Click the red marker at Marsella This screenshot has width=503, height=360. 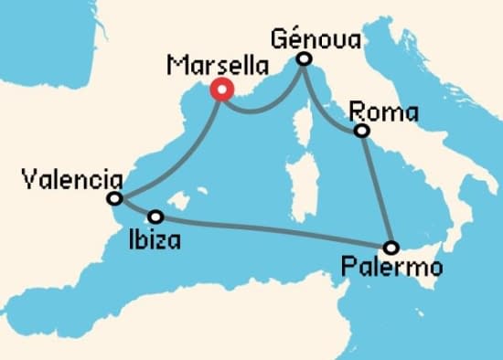click(x=220, y=90)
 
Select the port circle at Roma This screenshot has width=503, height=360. click(x=363, y=132)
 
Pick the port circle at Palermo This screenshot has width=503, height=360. click(x=391, y=247)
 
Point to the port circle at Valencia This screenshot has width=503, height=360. click(x=114, y=198)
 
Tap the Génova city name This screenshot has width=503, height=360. click(x=316, y=39)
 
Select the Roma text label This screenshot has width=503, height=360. click(x=384, y=113)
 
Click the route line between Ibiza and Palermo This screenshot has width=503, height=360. click(x=274, y=232)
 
